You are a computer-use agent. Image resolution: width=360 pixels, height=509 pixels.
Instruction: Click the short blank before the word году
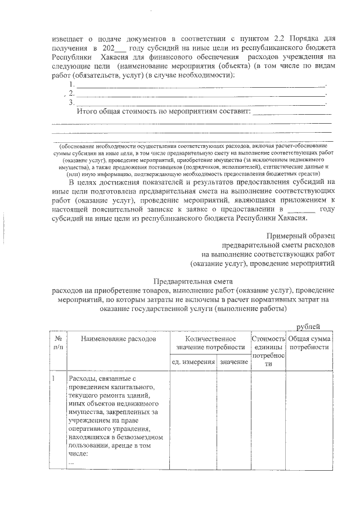coord(302,209)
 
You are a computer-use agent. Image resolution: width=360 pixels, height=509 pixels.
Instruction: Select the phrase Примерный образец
coord(301,236)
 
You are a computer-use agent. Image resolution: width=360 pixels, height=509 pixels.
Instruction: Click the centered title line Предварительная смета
coord(193,281)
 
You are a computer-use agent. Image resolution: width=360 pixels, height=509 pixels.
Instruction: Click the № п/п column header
coord(58,343)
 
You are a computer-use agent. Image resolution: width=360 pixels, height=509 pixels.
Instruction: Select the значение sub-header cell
coord(234,361)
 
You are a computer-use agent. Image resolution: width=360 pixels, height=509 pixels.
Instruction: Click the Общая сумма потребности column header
coord(309,343)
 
